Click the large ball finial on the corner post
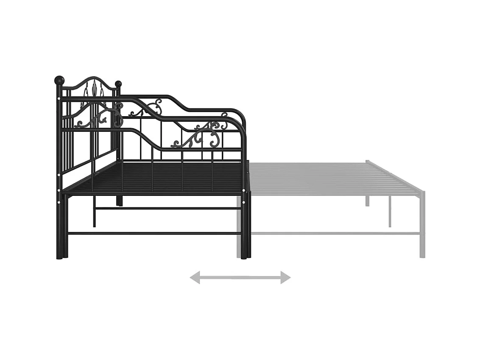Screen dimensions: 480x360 coord(59,80)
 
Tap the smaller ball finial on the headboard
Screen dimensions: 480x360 coord(118,84)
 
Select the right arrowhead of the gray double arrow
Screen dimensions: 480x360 coord(285,278)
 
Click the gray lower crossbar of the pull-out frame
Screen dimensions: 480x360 coord(335,233)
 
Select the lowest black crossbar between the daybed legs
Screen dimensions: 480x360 coord(153,233)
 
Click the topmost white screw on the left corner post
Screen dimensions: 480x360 coord(59,99)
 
